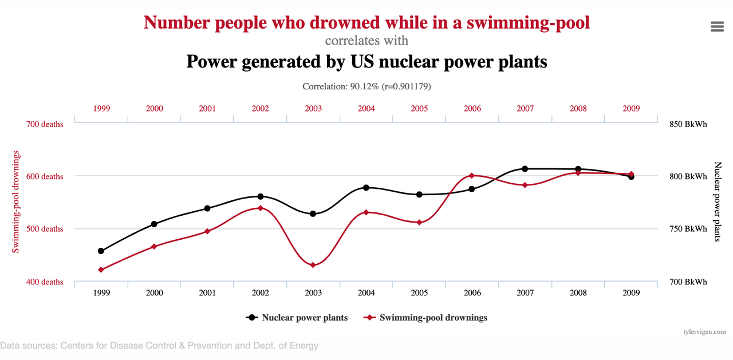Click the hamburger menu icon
pos(717,27)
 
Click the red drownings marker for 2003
pos(313,265)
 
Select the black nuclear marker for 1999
pos(101,251)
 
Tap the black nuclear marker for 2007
pos(525,169)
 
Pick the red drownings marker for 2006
pos(472,175)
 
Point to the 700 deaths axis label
pos(45,124)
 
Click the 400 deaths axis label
pos(45,282)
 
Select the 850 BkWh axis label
pos(688,124)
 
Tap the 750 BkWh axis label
pos(688,229)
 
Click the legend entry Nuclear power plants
pos(305,318)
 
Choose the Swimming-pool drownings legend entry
pos(433,318)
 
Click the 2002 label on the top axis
pos(260,108)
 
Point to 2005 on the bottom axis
pos(419,292)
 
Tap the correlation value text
pos(366,86)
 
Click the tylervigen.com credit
pos(704,331)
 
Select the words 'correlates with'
pos(366,41)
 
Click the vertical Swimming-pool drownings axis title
pos(16,201)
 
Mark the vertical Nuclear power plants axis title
pos(718,201)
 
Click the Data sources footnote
pos(159,346)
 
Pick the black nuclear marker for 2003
pos(313,213)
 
